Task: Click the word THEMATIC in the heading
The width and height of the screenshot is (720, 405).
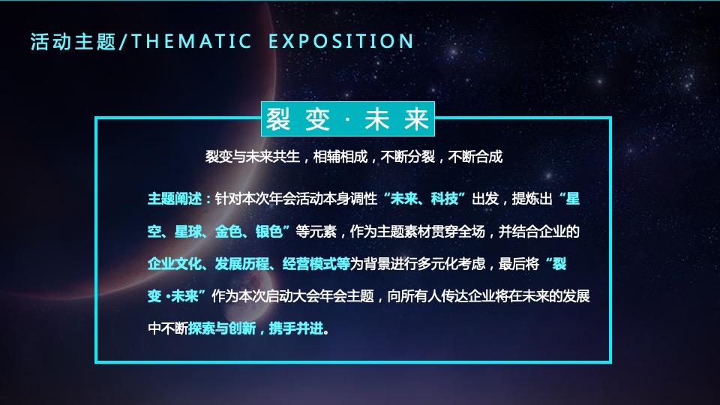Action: coord(191,41)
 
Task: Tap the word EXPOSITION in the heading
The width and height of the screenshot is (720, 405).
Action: coord(341,41)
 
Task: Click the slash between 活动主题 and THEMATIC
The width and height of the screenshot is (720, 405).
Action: coord(124,41)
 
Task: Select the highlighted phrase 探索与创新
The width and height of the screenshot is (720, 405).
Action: coord(222,328)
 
